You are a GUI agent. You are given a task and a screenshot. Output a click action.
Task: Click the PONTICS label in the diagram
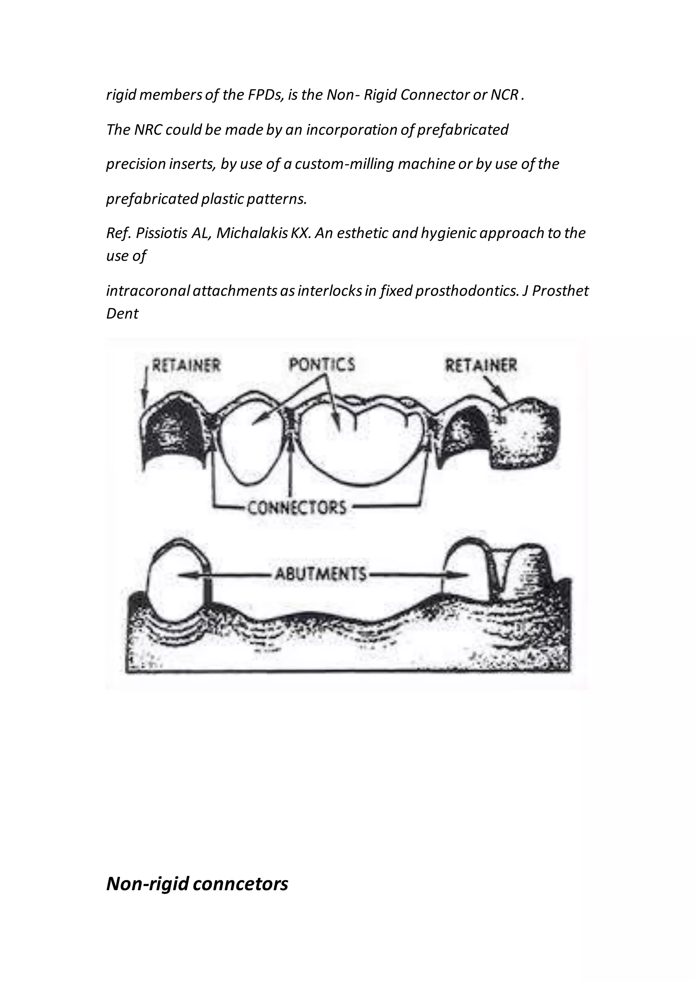(322, 365)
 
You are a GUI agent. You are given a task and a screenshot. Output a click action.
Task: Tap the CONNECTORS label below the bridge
(297, 508)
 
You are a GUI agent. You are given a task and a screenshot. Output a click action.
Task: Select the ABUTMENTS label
(321, 573)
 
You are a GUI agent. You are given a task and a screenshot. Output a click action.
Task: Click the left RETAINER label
(187, 366)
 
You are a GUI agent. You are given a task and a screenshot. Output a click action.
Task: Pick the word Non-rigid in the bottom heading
(147, 884)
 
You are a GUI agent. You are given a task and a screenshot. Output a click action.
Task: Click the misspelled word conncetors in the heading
(241, 884)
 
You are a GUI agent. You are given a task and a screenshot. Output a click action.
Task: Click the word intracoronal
(148, 291)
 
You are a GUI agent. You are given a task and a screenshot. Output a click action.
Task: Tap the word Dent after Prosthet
(123, 314)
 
